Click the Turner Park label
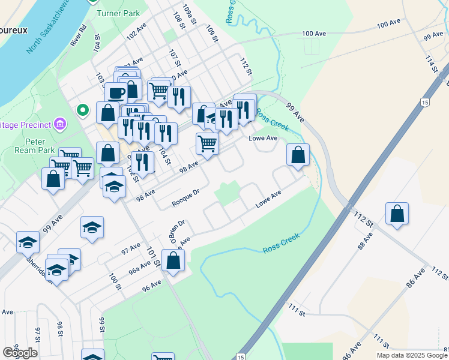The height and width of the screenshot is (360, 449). click(x=122, y=13)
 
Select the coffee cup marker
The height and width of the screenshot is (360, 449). click(x=116, y=93)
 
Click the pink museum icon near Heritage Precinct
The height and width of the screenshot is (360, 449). click(x=59, y=124)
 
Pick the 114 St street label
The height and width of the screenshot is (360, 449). click(x=430, y=64)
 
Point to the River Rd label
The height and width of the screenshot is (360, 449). click(x=79, y=35)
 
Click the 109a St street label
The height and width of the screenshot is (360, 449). click(x=190, y=14)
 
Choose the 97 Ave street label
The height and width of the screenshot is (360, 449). click(x=130, y=248)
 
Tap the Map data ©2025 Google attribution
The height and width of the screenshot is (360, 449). click(x=412, y=355)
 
